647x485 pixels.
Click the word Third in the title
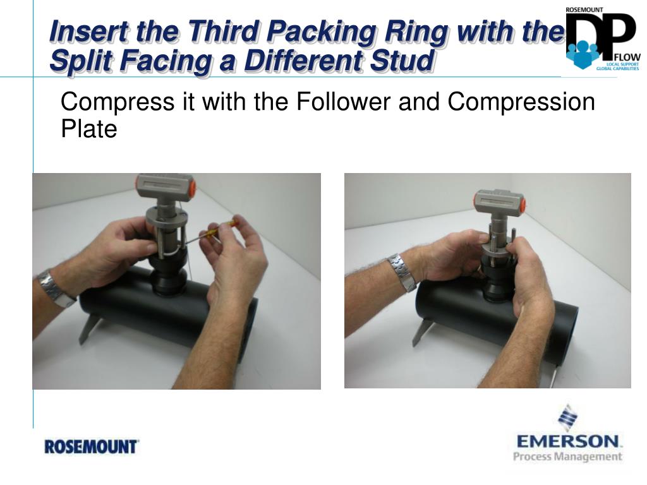[224, 32]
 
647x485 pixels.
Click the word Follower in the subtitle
[343, 102]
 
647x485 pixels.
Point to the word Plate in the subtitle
[88, 129]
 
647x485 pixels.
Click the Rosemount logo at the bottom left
[91, 446]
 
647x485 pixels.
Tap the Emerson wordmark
[568, 441]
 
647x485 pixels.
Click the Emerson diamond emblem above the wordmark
[568, 418]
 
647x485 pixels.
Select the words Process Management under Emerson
[567, 457]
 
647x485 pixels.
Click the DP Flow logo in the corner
[603, 39]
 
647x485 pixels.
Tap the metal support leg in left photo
[89, 328]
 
